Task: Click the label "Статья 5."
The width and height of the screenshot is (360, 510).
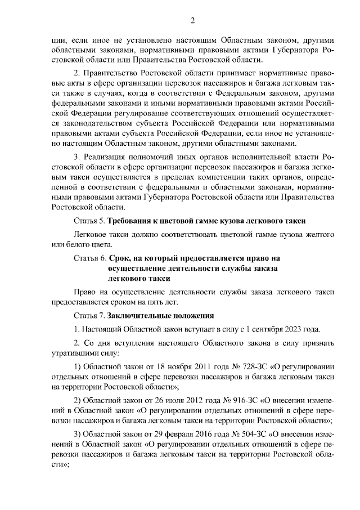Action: click(x=90, y=220)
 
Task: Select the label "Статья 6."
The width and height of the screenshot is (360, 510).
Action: click(x=90, y=258)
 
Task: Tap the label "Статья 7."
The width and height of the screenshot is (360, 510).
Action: click(x=90, y=315)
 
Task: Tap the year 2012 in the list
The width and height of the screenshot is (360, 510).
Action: click(x=182, y=400)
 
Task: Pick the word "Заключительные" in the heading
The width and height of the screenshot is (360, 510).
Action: click(x=139, y=315)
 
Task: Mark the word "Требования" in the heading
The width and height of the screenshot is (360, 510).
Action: click(x=132, y=220)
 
